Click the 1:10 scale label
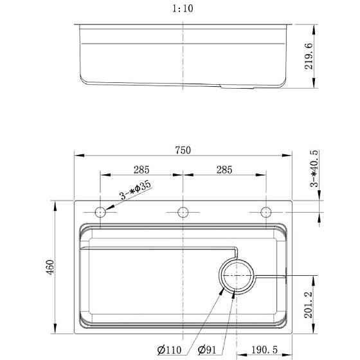click(x=183, y=9)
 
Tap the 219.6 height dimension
click(x=309, y=56)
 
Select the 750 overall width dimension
click(x=183, y=150)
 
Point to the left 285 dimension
click(x=141, y=170)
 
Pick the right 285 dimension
click(x=224, y=170)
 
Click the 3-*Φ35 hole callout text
click(x=136, y=190)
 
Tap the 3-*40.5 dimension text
click(x=314, y=168)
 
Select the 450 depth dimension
click(x=50, y=267)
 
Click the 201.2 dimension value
click(x=309, y=305)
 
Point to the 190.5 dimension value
click(x=264, y=350)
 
